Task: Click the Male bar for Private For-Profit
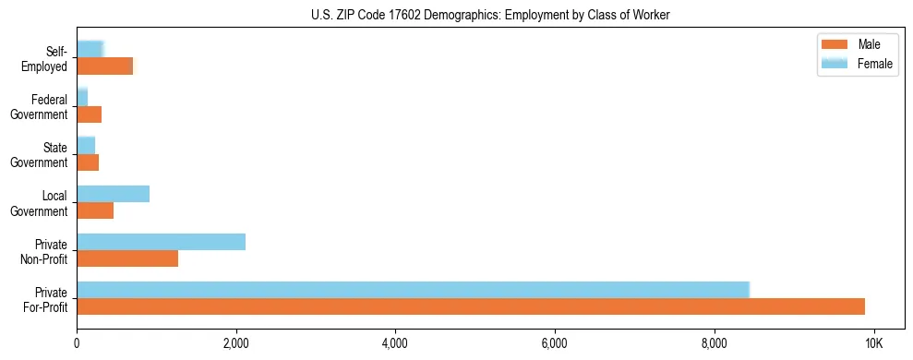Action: (x=471, y=306)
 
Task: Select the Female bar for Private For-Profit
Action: (x=413, y=290)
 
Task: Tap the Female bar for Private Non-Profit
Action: (x=161, y=242)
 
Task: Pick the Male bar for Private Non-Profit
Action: (x=127, y=258)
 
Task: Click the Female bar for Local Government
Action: (x=113, y=194)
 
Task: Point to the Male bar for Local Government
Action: (x=95, y=210)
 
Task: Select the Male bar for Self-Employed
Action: (x=104, y=66)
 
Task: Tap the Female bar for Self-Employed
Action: (x=90, y=49)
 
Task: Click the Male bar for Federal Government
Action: (x=89, y=114)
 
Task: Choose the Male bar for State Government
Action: (x=88, y=162)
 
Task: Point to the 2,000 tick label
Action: (x=235, y=344)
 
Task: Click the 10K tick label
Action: (x=873, y=344)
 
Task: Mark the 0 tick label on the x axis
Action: (x=77, y=344)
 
